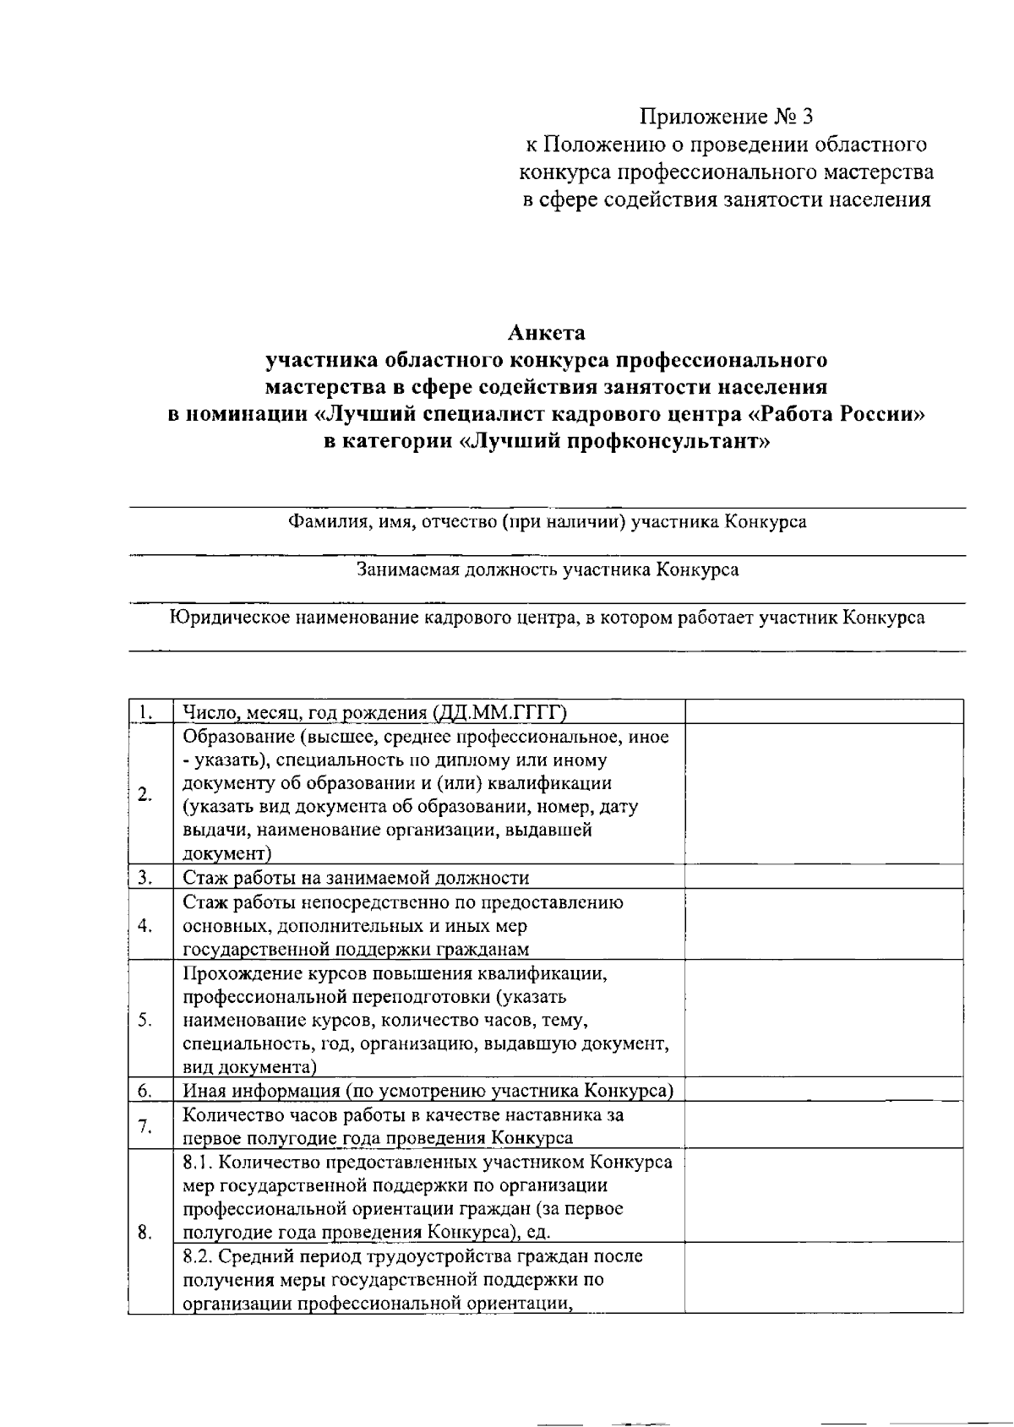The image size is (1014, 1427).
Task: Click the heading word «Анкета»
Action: [x=546, y=332]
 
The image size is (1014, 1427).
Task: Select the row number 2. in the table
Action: [x=145, y=794]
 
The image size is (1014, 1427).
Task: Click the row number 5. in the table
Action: [x=145, y=1019]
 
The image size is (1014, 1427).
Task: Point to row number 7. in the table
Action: [x=145, y=1126]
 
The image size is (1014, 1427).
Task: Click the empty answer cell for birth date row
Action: [x=823, y=711]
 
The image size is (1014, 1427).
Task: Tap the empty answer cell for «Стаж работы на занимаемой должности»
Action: [x=823, y=877]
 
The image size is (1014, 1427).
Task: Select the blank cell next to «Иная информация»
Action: [x=823, y=1090]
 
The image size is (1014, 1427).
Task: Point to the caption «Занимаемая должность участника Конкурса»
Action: [x=547, y=569]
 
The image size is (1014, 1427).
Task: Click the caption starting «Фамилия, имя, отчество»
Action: [x=547, y=521]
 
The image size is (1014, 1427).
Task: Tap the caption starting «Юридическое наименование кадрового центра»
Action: [x=547, y=618]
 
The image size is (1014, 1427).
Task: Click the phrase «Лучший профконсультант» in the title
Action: [x=618, y=442]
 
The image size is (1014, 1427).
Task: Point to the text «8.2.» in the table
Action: [x=200, y=1256]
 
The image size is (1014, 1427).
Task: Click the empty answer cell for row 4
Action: [x=823, y=925]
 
